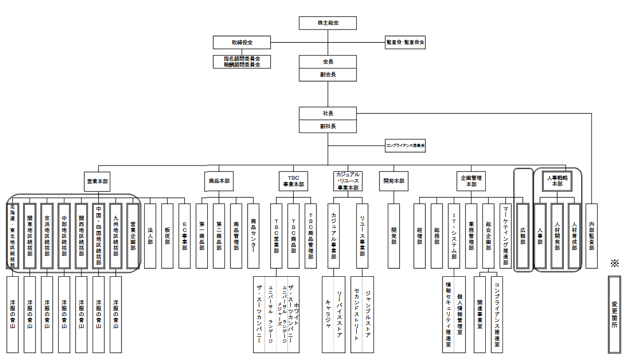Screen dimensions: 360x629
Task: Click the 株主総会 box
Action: [x=328, y=23]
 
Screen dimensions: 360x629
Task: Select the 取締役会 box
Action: [x=242, y=42]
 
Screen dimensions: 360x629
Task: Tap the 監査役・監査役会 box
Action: [x=405, y=42]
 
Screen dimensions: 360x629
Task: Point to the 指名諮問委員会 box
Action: [x=242, y=59]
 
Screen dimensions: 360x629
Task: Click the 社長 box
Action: [x=328, y=113]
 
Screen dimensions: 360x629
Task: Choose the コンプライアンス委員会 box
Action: [x=405, y=146]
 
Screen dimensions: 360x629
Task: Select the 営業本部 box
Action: [x=98, y=181]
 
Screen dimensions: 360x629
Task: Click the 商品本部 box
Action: [x=217, y=181]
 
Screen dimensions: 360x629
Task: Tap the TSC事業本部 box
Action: [x=293, y=181]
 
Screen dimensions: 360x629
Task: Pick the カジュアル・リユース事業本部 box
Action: [x=347, y=181]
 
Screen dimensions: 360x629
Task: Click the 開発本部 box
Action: [x=394, y=181]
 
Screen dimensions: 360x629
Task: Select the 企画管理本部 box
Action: [x=471, y=181]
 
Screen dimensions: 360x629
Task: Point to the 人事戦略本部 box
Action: [x=557, y=181]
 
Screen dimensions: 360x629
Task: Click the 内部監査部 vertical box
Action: [x=592, y=235]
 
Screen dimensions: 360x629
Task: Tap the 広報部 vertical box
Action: [x=523, y=235]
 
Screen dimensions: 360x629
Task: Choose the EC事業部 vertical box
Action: [x=184, y=235]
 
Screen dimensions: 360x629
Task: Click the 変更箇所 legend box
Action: [x=614, y=314]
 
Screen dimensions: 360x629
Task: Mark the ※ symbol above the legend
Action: [x=614, y=263]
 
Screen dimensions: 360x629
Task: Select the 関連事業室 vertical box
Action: [x=480, y=314]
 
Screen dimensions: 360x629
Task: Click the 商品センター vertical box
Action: [x=253, y=235]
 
